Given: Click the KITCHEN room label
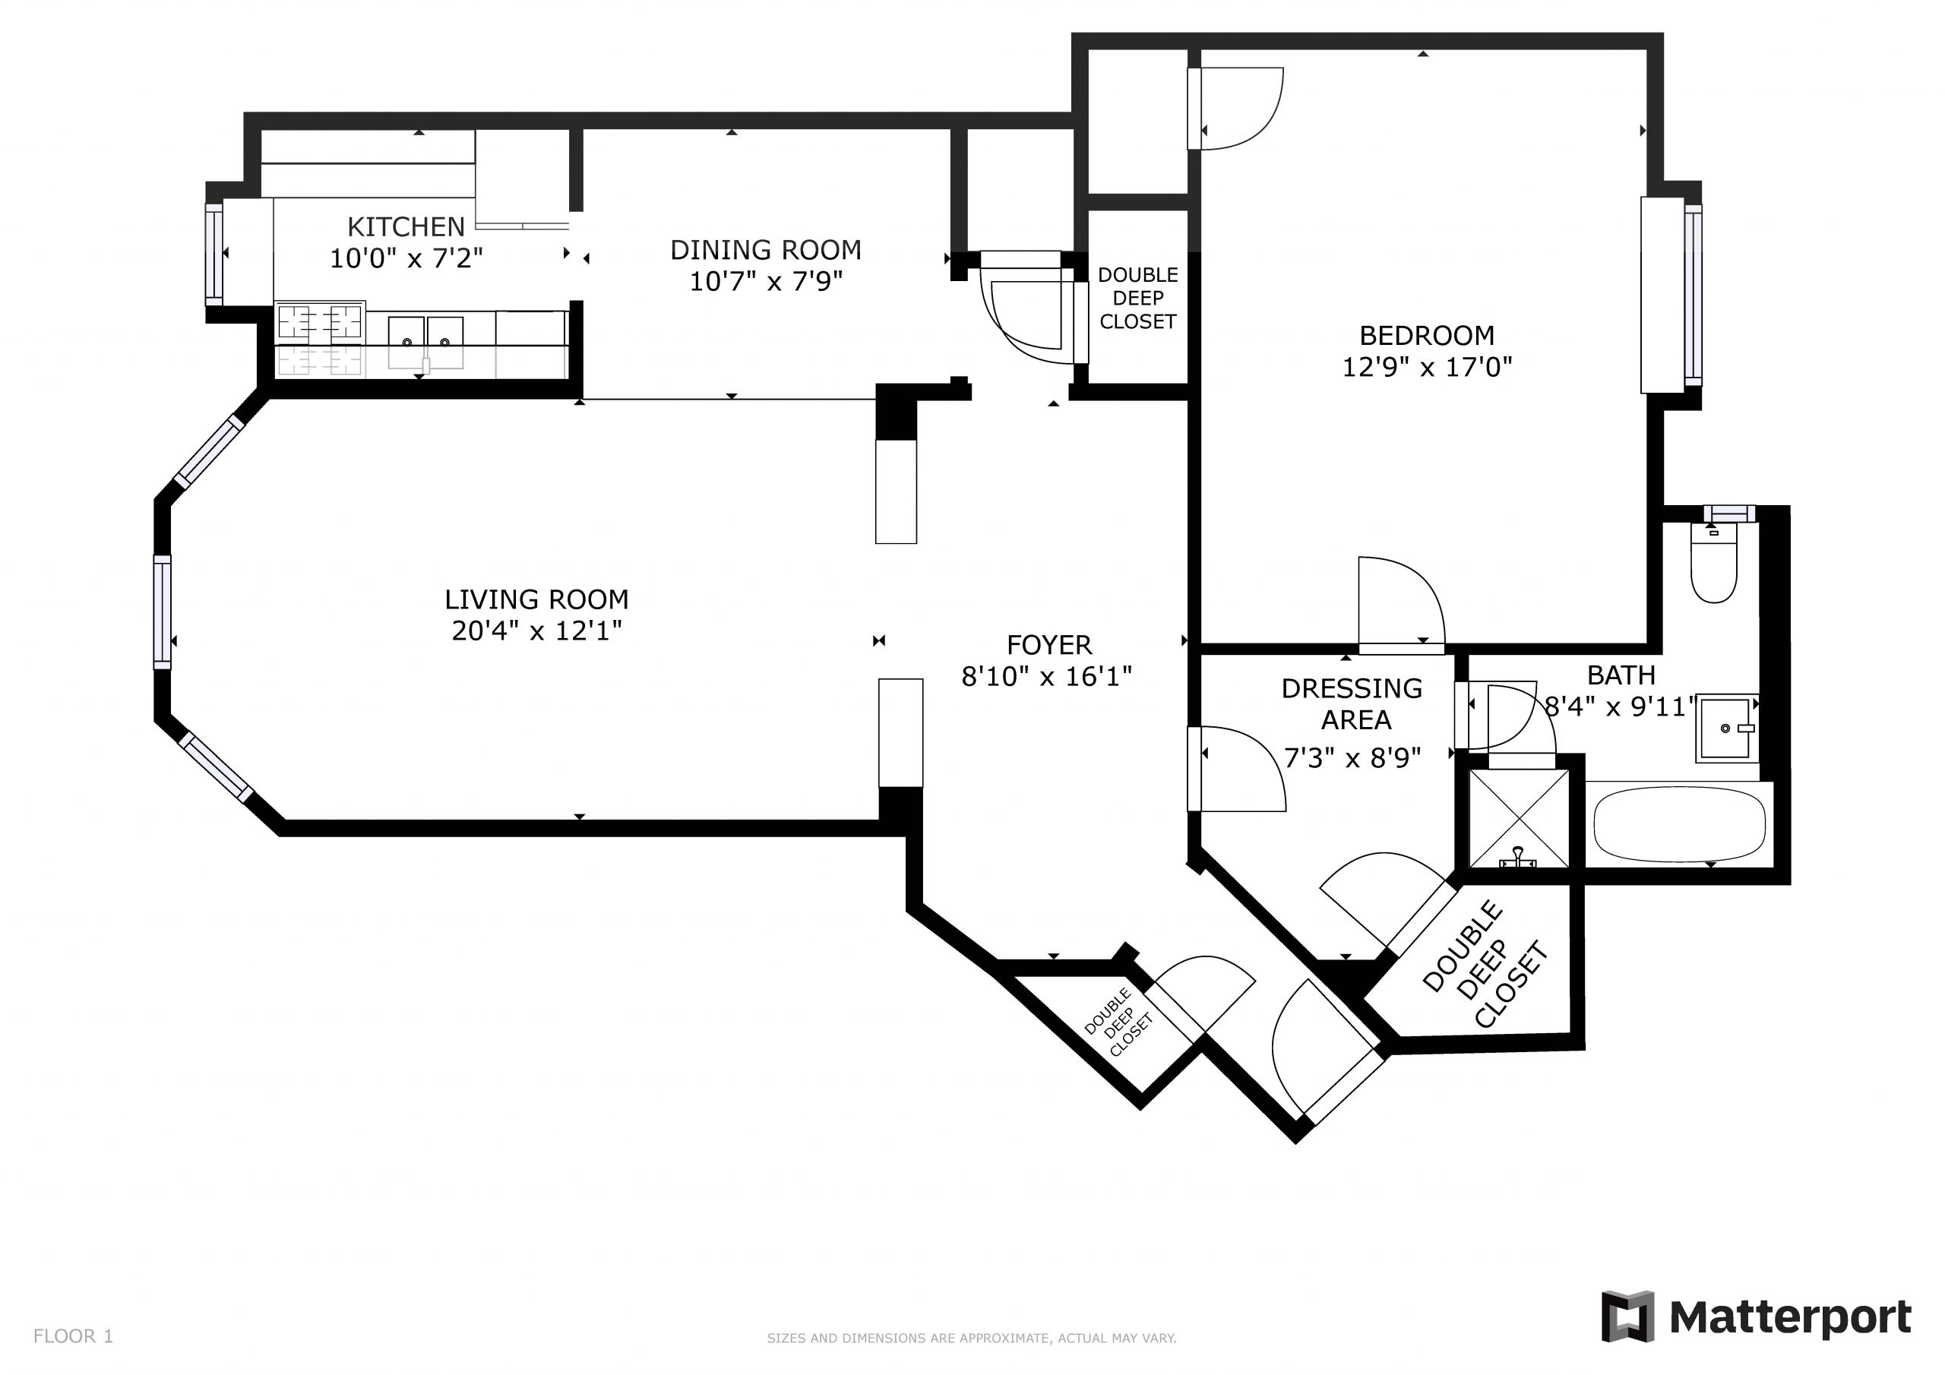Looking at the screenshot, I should click(406, 227).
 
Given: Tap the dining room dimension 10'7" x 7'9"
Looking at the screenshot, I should click(765, 281).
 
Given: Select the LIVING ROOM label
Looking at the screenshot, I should click(536, 600).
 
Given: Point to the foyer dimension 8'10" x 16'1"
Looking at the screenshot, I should click(1046, 677).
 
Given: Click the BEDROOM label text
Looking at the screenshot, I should click(1427, 336).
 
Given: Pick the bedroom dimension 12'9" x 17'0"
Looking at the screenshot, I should click(1427, 368).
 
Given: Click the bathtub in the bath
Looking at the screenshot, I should click(1679, 823).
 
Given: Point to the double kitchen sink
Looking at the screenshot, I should click(426, 332).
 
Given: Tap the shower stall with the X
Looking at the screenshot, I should click(1519, 818).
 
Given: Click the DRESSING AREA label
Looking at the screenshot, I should click(1353, 704).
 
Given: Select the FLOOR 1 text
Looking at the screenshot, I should click(73, 1336).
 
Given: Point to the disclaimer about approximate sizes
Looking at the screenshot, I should click(971, 1339).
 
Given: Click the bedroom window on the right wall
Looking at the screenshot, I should click(1692, 294).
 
